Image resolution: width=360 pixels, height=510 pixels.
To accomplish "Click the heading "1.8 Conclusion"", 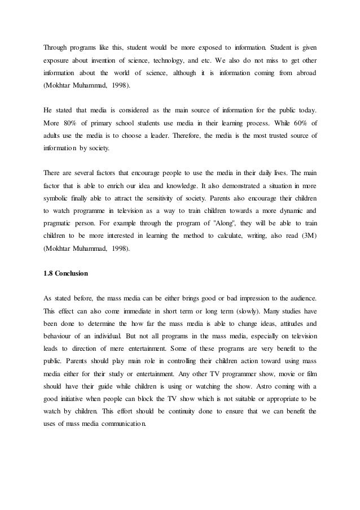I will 65,274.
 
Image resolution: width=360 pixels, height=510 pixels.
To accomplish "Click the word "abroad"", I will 303,73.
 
